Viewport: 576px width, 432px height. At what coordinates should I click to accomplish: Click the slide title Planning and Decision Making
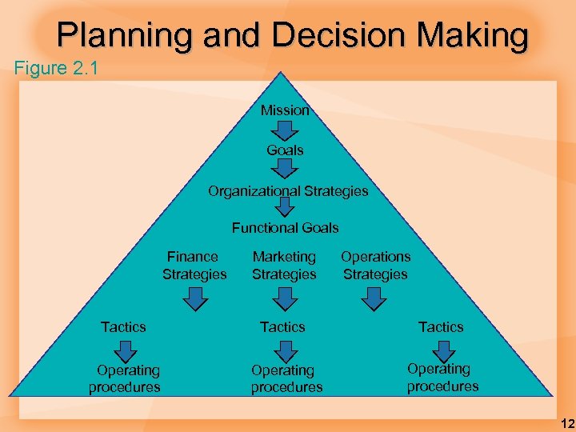pos(293,36)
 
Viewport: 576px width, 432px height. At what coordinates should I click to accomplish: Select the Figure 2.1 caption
pos(56,68)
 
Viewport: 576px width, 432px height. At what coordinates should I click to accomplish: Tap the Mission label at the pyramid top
pos(285,110)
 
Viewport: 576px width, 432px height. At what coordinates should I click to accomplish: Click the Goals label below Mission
pos(285,150)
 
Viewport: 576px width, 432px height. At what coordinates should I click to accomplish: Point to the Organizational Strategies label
pos(288,191)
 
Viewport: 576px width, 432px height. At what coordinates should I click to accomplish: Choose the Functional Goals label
pos(285,228)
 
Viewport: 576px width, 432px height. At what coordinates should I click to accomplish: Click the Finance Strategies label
pos(194,266)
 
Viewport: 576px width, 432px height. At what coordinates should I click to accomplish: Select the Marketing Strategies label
pos(284,266)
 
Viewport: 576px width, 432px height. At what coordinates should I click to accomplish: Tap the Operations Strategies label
pos(375,266)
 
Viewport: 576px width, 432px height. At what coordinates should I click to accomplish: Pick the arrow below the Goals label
pos(285,168)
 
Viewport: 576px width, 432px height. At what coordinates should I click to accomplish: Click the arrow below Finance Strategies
pos(194,298)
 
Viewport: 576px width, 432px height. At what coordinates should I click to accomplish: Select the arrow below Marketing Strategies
pos(284,298)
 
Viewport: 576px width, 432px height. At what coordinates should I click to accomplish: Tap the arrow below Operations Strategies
pos(374,298)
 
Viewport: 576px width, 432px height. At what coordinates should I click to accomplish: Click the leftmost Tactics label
pos(123,326)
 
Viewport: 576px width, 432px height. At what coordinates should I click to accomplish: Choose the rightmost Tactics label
pos(441,326)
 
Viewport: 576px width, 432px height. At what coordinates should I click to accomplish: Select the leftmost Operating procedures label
pos(125,378)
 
